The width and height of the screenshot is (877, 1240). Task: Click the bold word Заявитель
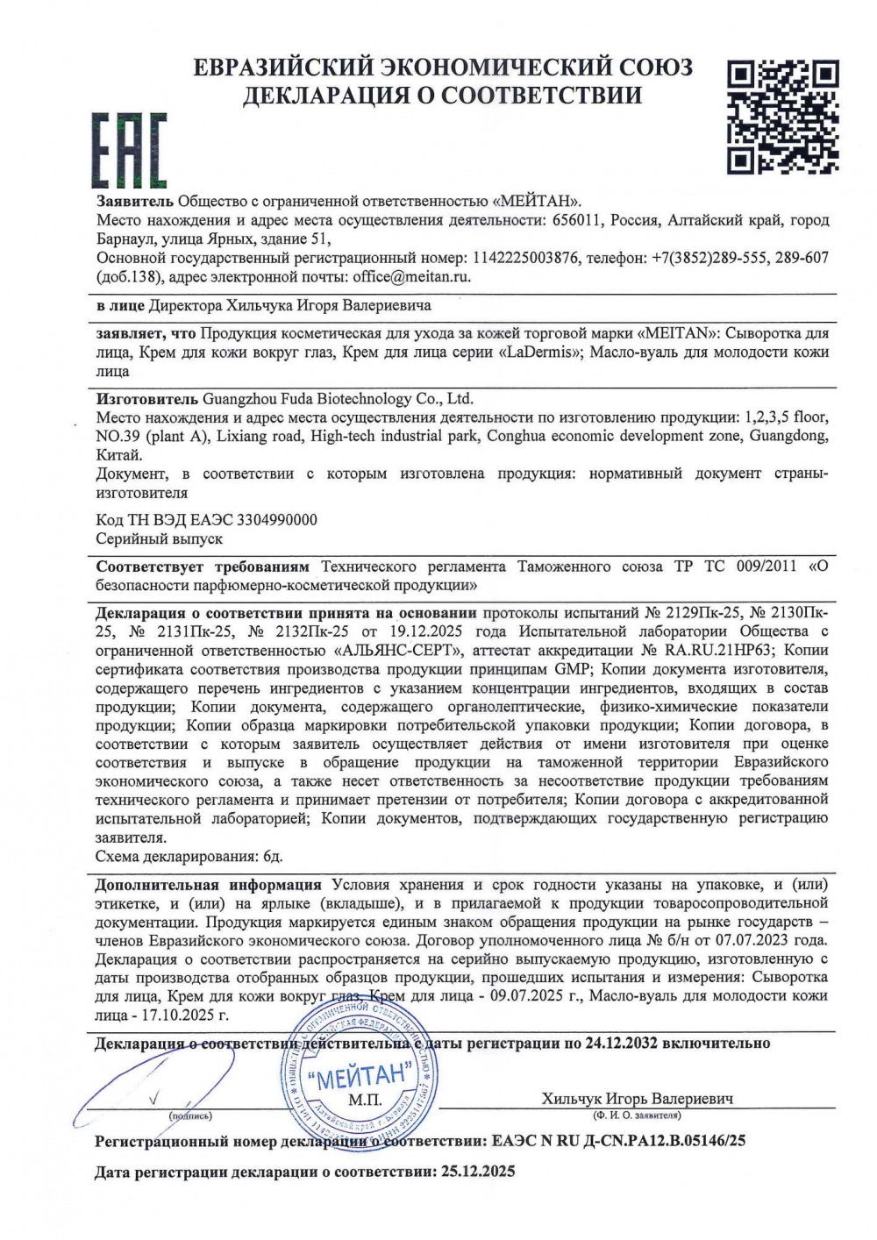(x=135, y=201)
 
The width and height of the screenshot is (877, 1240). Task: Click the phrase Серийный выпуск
(x=159, y=538)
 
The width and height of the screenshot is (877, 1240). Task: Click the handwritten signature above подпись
(x=149, y=1087)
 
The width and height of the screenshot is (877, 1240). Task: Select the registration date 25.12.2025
(x=475, y=1171)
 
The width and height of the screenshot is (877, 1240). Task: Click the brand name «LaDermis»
(x=540, y=353)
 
